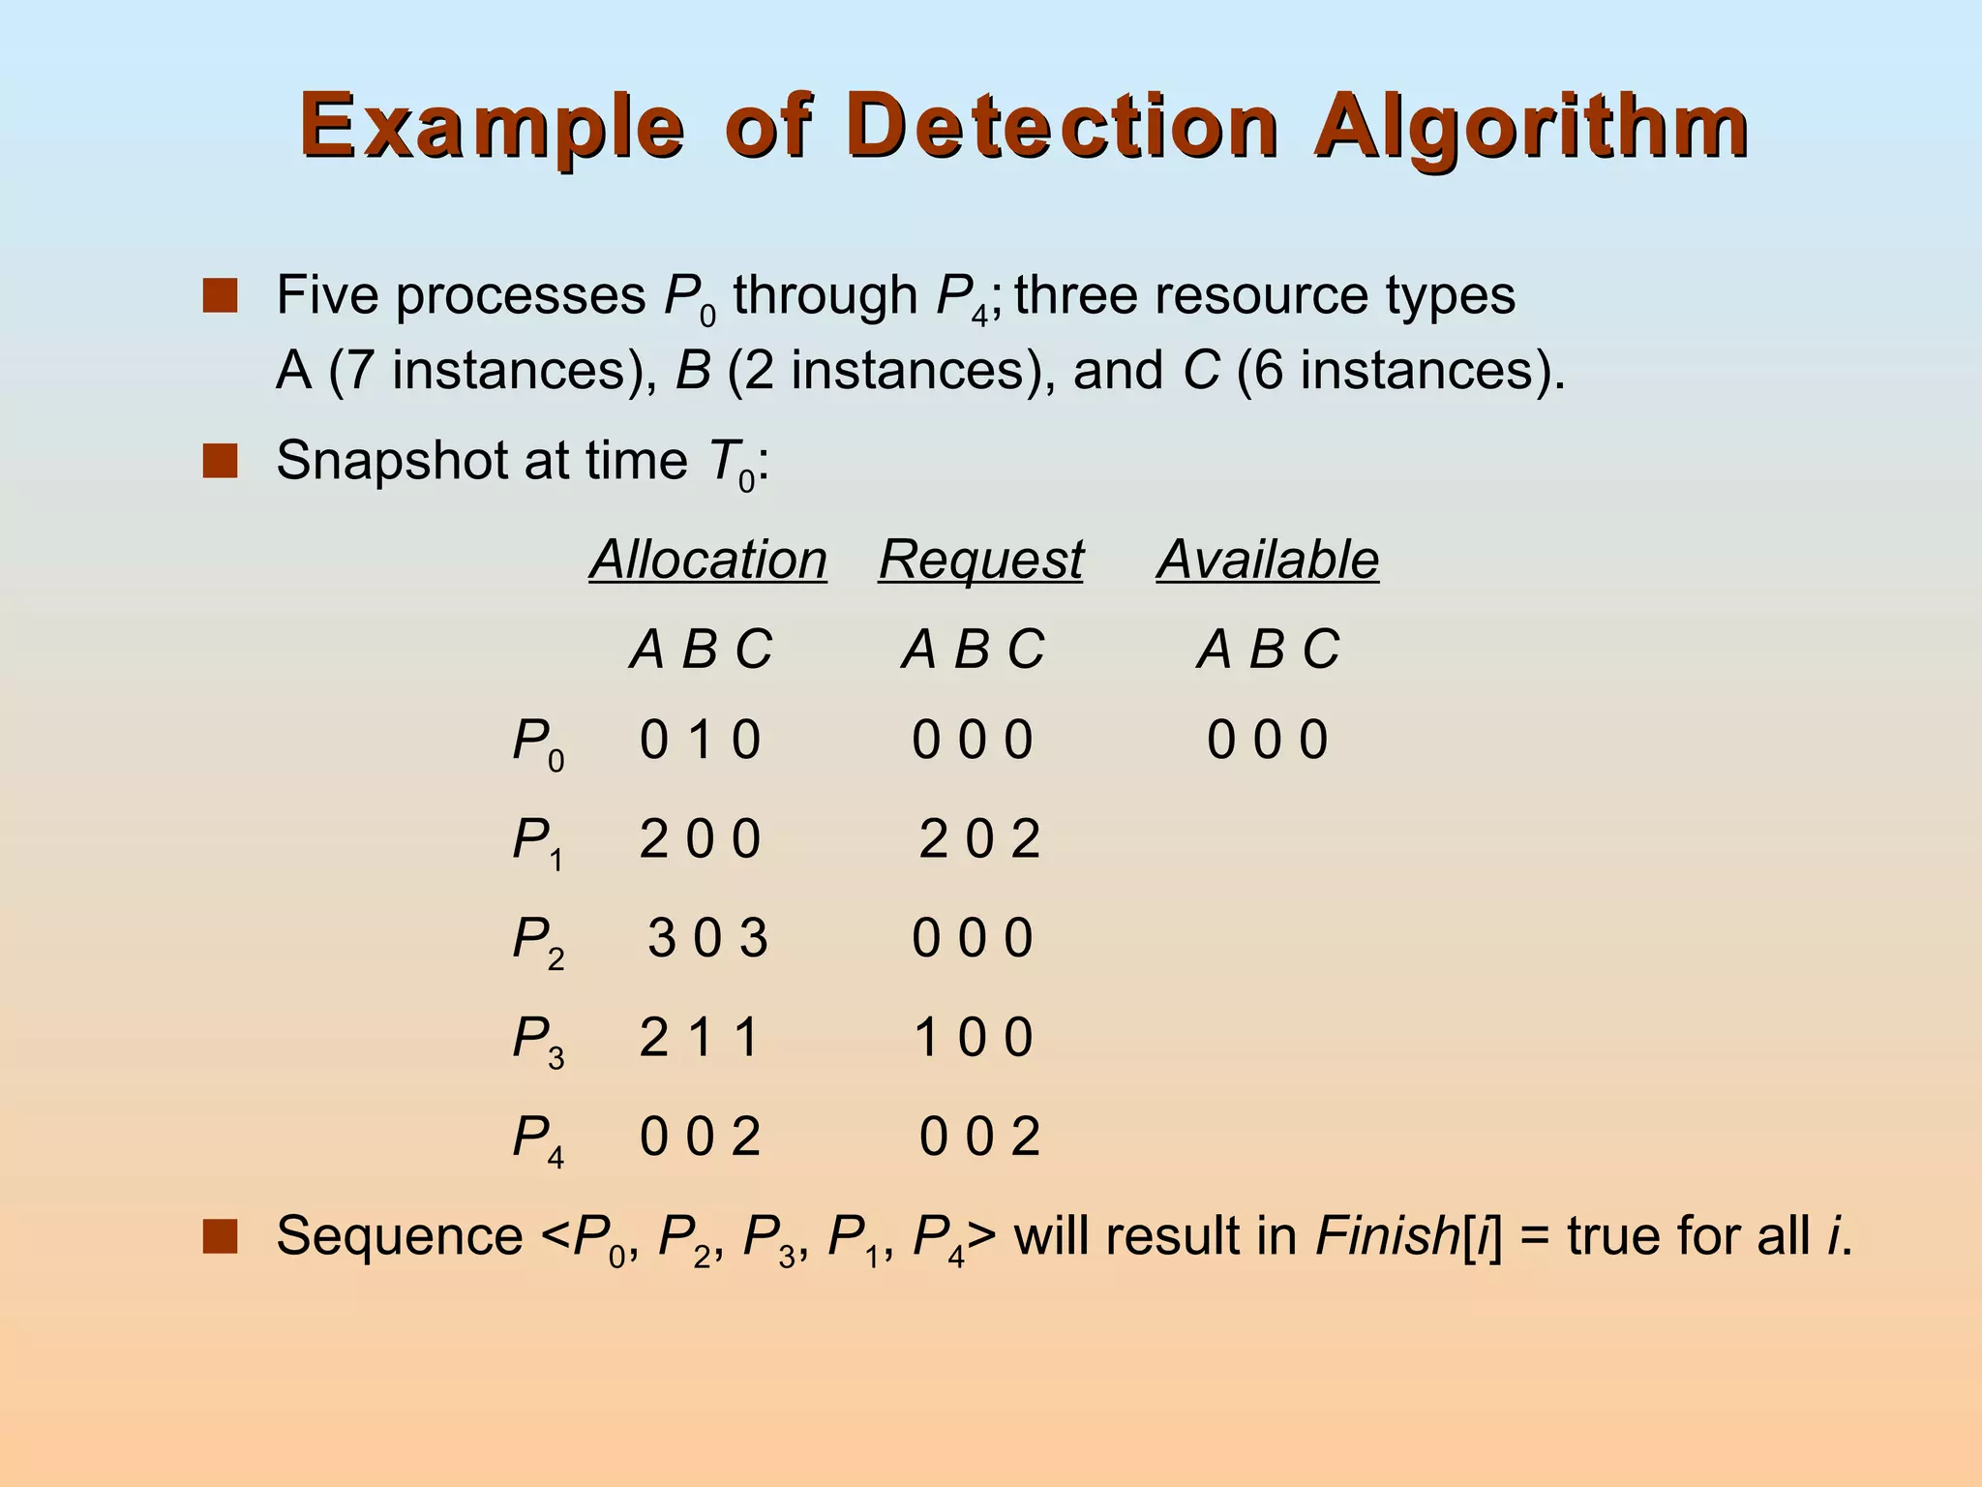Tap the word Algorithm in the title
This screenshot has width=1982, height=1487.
click(1531, 128)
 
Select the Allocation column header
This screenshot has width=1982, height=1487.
click(708, 560)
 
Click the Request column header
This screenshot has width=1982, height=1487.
click(980, 560)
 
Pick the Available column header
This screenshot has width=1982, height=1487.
click(1267, 560)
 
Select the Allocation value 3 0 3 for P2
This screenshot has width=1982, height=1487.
click(707, 938)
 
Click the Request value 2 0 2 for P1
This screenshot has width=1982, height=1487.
click(979, 838)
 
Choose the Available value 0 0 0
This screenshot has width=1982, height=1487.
click(1267, 741)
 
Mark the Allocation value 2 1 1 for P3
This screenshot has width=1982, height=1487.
click(699, 1038)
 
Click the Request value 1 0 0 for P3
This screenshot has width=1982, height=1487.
click(974, 1038)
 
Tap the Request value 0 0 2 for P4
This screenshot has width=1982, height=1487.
click(979, 1137)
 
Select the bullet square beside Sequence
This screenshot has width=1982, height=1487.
click(220, 1237)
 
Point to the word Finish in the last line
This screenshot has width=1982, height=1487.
click(1387, 1236)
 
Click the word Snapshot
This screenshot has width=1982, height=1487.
click(391, 460)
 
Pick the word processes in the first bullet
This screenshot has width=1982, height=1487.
click(521, 294)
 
